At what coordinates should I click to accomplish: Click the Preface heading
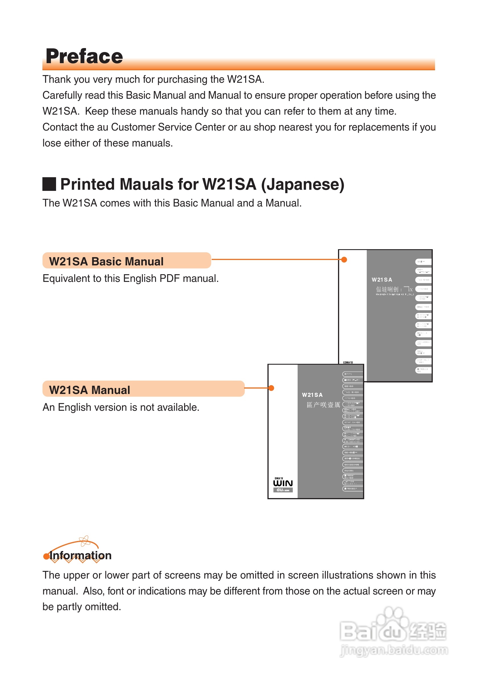[84, 56]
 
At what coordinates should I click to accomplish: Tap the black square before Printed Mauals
[49, 184]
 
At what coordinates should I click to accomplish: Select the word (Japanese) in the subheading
[302, 185]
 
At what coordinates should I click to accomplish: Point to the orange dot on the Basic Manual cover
[344, 259]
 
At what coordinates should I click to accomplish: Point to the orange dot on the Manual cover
[271, 388]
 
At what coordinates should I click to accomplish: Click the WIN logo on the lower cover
[283, 483]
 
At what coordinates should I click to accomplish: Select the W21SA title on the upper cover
[382, 280]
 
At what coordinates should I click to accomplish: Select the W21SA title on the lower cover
[312, 395]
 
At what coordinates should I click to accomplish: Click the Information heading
[81, 556]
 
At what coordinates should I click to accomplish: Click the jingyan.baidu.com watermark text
[394, 650]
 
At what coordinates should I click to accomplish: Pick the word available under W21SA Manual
[178, 407]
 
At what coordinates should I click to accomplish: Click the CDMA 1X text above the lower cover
[348, 362]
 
